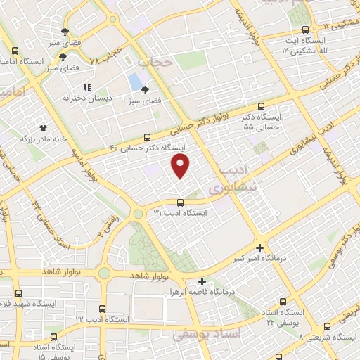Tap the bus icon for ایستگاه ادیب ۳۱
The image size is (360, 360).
click(x=180, y=202)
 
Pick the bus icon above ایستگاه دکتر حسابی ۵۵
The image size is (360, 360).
click(x=262, y=106)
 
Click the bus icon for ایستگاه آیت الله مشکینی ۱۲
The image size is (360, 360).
click(x=304, y=30)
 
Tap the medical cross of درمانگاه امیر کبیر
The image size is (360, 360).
click(x=260, y=248)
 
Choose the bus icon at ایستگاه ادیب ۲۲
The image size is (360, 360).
click(x=103, y=308)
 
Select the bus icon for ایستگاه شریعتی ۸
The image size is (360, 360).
click(x=327, y=326)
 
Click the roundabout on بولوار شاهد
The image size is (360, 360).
click(x=105, y=272)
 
